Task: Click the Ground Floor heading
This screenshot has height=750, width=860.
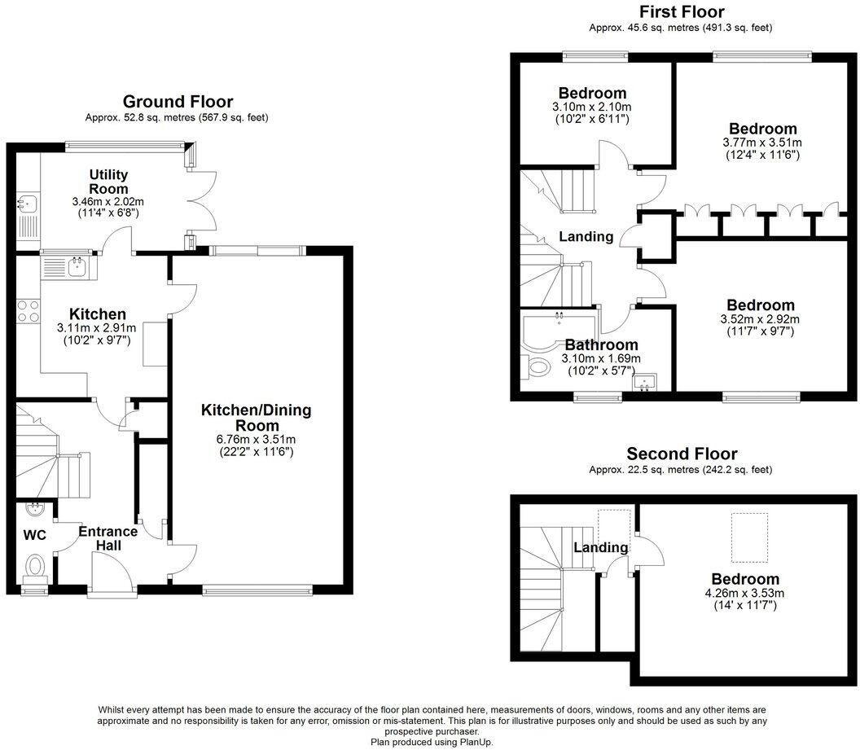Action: point(178,102)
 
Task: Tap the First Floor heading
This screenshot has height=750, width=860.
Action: point(681,11)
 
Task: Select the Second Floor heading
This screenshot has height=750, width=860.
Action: point(681,454)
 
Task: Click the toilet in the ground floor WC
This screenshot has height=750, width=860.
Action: point(35,564)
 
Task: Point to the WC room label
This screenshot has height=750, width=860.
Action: point(34,535)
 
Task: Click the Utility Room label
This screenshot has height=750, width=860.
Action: point(108,182)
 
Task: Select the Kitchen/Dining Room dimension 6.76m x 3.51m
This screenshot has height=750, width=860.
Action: point(257,440)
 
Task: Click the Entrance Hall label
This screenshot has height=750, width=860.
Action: point(107,537)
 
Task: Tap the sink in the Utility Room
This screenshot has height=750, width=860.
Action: point(26,204)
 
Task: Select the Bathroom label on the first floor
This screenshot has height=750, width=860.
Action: point(601,344)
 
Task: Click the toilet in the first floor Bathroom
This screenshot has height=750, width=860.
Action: point(538,368)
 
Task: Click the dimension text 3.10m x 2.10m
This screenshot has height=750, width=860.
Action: point(592,107)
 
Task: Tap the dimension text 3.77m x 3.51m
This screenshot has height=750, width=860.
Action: point(762,143)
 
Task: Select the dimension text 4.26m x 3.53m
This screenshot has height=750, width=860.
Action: point(744,593)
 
